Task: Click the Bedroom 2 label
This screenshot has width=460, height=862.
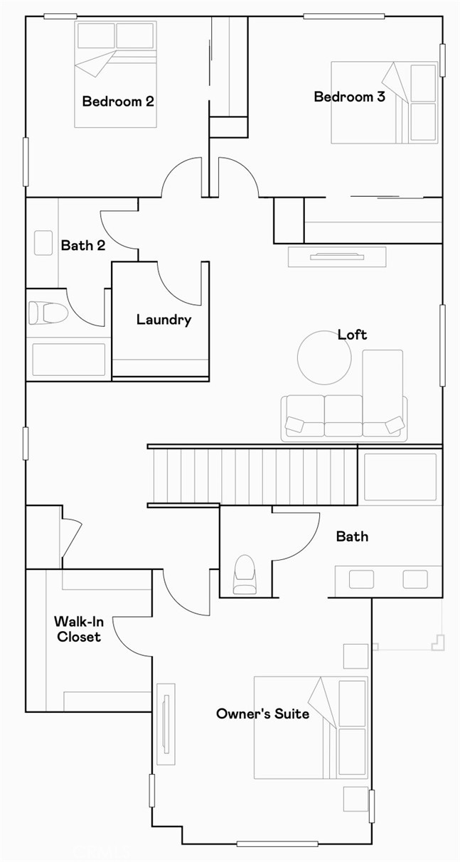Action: pos(117,101)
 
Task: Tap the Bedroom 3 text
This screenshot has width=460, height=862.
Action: pos(349,97)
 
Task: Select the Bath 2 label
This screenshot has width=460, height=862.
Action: pos(82,245)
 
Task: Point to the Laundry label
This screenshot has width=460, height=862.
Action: pos(164,320)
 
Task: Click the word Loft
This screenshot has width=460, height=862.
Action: pos(352,334)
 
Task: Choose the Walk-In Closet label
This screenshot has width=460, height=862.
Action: pos(78,629)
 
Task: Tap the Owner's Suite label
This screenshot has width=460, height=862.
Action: pos(262,713)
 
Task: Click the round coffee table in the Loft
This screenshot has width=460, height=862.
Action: pos(324,358)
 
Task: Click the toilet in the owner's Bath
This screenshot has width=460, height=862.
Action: pos(245,574)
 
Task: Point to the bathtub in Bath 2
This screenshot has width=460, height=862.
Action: pos(68,359)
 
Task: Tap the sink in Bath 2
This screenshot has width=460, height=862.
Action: pos(43,242)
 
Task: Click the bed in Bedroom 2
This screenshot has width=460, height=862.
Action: pos(115,75)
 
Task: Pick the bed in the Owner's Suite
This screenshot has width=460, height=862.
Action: pos(311,727)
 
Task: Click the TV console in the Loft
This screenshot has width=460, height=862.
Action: pos(337,257)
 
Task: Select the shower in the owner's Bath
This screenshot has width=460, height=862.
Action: pos(400,478)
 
